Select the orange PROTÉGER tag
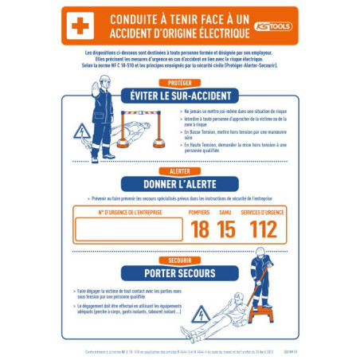point(179,83)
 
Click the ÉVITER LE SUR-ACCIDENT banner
point(179,96)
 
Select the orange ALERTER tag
point(179,171)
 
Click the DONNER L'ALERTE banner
point(179,184)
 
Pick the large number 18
point(199,230)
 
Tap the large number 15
point(226,230)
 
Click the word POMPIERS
point(199,213)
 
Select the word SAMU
point(226,213)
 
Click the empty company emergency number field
point(128,230)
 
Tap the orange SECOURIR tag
point(179,260)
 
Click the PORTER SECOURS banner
point(179,273)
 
